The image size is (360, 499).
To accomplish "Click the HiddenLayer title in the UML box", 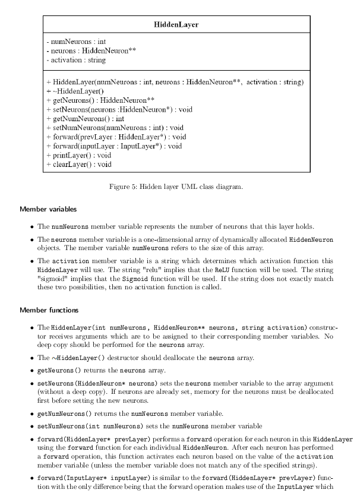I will [x=176, y=24].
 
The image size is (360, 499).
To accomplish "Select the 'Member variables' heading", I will [x=48, y=209].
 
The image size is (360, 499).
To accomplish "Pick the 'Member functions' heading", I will [x=49, y=310].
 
